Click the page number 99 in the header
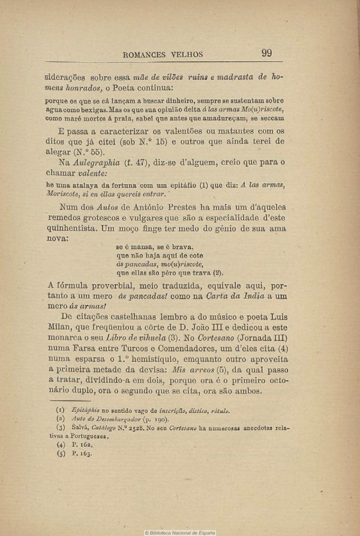[267, 53]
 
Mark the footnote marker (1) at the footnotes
[60, 411]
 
